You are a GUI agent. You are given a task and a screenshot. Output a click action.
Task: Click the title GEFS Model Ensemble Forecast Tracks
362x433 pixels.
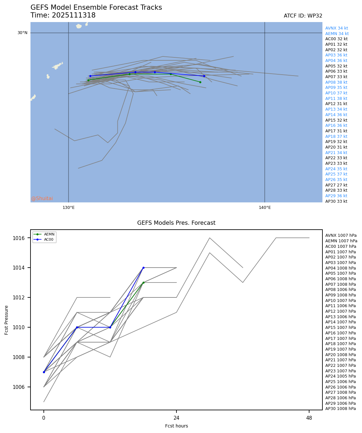coord(96,7)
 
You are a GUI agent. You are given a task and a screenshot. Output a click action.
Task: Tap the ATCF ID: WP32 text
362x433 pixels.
coord(303,16)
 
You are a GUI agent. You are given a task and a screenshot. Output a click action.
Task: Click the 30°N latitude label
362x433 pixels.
coord(22,33)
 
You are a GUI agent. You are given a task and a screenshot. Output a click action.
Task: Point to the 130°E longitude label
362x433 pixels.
coord(68,208)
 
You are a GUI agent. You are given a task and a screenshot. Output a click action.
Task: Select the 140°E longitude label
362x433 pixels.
coord(265,208)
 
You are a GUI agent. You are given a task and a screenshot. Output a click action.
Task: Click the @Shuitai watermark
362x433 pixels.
coord(42,198)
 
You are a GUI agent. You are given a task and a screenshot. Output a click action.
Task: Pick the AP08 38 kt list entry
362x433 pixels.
coord(336,82)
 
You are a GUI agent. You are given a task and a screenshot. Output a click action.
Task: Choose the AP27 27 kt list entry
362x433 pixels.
coord(336,185)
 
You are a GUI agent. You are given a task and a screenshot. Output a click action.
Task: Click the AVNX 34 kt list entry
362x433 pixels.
coord(336,28)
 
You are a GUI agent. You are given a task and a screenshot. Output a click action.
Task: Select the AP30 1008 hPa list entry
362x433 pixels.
coord(340,409)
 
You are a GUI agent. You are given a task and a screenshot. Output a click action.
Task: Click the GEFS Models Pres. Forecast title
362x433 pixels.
coord(176,223)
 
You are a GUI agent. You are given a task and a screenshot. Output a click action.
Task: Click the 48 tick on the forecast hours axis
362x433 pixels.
coord(309,418)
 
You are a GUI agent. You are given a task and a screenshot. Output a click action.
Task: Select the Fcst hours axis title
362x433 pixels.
coord(176,426)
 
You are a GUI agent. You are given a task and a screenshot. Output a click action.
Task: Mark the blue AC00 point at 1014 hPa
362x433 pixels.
coord(143,268)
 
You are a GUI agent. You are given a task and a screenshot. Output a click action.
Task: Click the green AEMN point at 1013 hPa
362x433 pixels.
coord(143,283)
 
